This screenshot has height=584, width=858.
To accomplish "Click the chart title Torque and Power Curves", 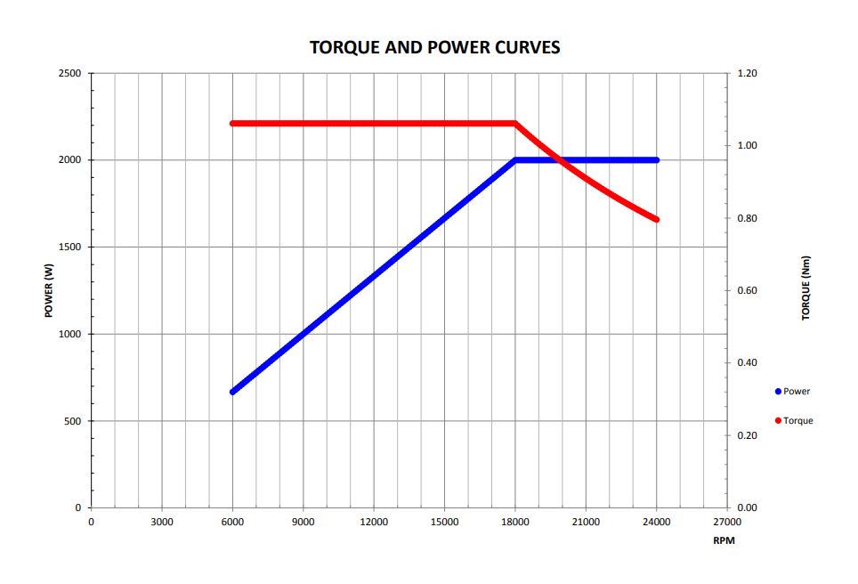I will click(434, 47).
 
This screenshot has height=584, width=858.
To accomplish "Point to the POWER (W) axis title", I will click(50, 291).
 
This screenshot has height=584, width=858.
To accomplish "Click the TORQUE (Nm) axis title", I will click(806, 288).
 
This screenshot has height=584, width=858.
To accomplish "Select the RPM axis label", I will click(723, 540).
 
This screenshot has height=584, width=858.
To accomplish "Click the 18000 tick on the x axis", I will click(514, 522).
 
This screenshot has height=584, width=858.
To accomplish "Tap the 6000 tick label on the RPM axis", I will click(232, 522).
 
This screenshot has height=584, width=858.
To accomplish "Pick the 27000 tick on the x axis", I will click(727, 522).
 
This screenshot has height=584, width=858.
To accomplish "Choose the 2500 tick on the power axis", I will click(69, 73).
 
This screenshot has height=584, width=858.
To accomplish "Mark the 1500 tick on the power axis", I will click(69, 247).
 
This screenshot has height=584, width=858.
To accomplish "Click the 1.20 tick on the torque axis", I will click(747, 73).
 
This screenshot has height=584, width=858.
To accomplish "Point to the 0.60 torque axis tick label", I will click(747, 290).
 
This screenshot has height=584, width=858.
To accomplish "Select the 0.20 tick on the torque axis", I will click(747, 435).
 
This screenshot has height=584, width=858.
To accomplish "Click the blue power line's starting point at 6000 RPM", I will click(233, 392).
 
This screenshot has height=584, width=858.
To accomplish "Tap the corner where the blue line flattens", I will click(515, 160).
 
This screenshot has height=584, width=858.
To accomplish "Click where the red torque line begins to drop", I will click(515, 123).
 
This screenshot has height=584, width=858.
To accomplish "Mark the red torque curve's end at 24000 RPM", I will click(657, 219).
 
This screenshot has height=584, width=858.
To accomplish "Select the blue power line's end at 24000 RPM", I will click(657, 160).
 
